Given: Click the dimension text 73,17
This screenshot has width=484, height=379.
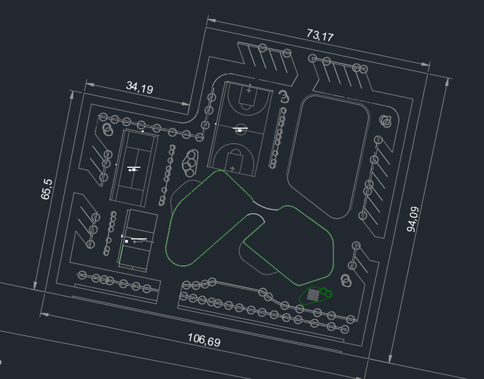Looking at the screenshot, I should coord(320,36).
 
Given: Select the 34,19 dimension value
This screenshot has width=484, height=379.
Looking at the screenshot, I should coord(139,88).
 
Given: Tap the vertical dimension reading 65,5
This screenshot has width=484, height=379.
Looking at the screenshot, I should coord(46,189).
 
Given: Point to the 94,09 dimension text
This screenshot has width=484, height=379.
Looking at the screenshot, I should coord(412,219).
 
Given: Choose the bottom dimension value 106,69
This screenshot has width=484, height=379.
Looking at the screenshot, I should coord(204,340).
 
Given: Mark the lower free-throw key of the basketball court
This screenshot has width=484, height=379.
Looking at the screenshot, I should coord(234,159).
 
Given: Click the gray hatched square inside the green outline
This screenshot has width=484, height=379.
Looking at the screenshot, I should coord(313,295).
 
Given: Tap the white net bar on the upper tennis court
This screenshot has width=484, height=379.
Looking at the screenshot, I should coord(133,168).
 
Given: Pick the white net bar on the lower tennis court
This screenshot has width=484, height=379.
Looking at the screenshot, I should coord(139,239).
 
